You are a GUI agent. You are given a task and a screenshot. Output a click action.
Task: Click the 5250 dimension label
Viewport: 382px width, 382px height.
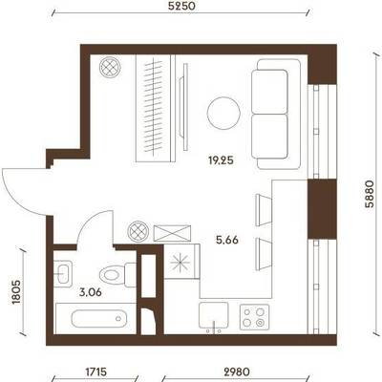pyautogui.click(x=180, y=6)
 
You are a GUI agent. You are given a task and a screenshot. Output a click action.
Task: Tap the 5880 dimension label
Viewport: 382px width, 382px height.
pyautogui.click(x=369, y=194)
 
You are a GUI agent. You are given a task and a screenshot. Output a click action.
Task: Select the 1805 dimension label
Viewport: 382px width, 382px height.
pyautogui.click(x=16, y=292)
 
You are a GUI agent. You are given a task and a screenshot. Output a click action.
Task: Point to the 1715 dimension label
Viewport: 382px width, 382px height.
pyautogui.click(x=96, y=371)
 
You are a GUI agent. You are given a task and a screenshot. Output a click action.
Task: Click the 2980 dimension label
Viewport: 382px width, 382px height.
pyautogui.click(x=236, y=371)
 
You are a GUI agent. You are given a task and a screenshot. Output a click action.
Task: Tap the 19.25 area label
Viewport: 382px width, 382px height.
pyautogui.click(x=221, y=160)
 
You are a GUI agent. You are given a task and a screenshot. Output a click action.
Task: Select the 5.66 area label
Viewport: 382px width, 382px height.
pyautogui.click(x=227, y=240)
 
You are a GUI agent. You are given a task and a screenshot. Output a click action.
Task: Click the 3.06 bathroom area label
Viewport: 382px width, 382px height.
pyautogui.click(x=91, y=292)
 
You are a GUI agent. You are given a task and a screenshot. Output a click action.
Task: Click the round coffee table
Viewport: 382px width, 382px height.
pyautogui.click(x=223, y=114)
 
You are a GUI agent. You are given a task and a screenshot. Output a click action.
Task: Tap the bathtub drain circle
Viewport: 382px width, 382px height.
pyautogui.click(x=118, y=318)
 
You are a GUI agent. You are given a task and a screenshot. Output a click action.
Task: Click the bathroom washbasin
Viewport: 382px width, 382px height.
pyautogui.click(x=63, y=272)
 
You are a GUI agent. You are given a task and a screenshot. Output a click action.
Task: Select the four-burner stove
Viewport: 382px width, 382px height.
pyautogui.click(x=255, y=316)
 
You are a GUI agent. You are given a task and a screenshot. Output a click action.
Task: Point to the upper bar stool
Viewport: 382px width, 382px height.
pyautogui.click(x=264, y=209)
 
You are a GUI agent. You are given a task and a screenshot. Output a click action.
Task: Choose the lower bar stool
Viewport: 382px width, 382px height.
pyautogui.click(x=264, y=254)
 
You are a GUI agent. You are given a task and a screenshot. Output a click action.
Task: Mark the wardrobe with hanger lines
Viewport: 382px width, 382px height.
pyautogui.click(x=156, y=108)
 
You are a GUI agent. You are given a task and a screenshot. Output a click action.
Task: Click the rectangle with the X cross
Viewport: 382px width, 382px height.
pyautogui.click(x=172, y=233)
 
